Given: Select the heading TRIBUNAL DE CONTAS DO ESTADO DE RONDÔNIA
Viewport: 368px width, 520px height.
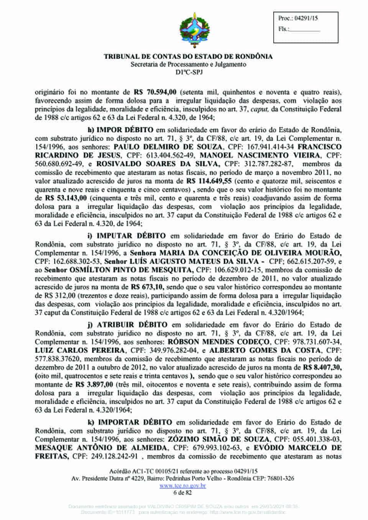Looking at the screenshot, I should click(x=188, y=57).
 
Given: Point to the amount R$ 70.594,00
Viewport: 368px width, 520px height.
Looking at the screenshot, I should click(x=155, y=92).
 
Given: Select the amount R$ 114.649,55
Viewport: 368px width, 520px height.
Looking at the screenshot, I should click(x=209, y=181).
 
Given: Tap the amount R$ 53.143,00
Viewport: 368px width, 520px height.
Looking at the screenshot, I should click(x=66, y=198).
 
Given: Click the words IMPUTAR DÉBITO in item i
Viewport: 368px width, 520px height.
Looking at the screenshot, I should click(x=131, y=236).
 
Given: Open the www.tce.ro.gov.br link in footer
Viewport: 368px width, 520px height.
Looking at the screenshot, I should click(x=183, y=486).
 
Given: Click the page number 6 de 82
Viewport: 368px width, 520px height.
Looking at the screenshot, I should click(x=183, y=492).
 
